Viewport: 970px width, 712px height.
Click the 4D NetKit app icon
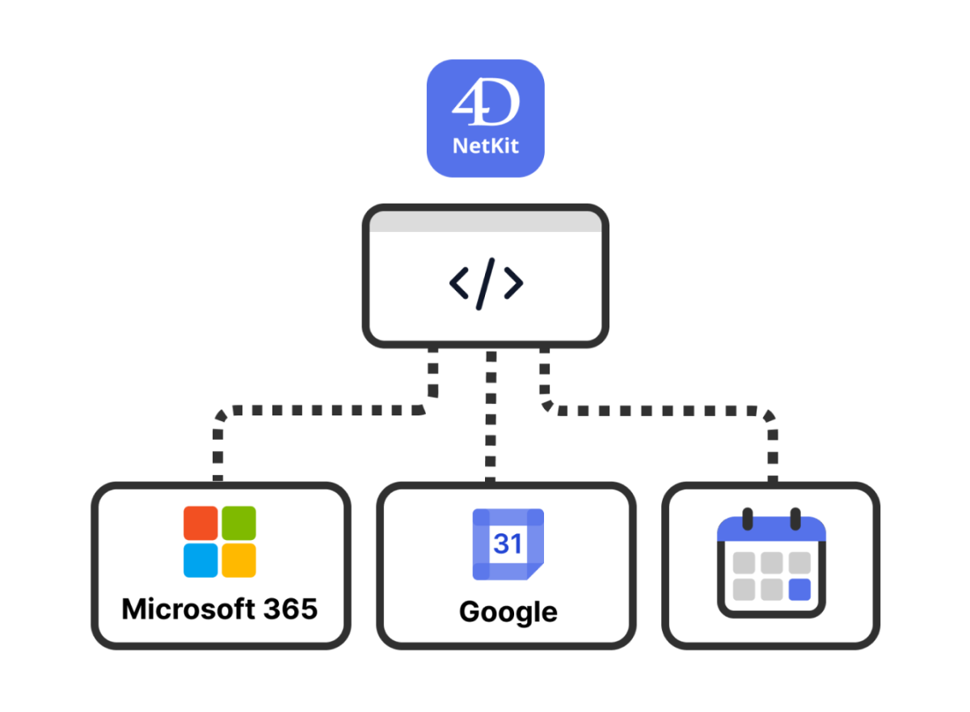(x=485, y=118)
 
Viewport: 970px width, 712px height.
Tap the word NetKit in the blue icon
(x=485, y=147)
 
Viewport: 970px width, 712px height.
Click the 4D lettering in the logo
(x=485, y=104)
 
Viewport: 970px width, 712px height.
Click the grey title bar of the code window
(x=485, y=222)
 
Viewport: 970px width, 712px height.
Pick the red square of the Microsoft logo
(x=200, y=523)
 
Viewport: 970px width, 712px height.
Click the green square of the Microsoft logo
(x=239, y=523)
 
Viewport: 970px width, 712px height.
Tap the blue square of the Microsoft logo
(x=200, y=560)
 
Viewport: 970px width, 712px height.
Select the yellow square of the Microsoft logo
(x=239, y=560)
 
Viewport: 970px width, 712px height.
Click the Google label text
(x=508, y=612)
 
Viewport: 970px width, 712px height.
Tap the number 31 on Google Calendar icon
(x=508, y=543)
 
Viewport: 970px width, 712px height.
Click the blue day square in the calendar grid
(x=799, y=590)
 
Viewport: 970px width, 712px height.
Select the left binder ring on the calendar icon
(x=748, y=519)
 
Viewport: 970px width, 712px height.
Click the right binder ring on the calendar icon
(x=795, y=519)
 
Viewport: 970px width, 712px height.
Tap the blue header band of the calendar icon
(x=771, y=531)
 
